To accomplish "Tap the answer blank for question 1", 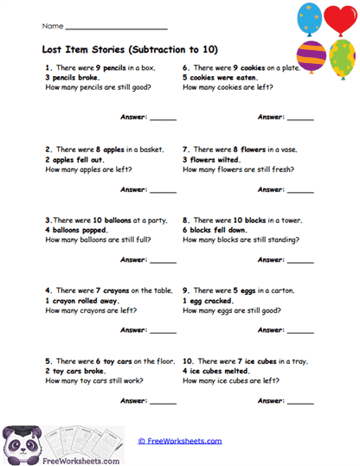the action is pyautogui.click(x=163, y=116).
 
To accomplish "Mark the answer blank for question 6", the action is pyautogui.click(x=300, y=116).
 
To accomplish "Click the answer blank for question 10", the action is pyautogui.click(x=300, y=401).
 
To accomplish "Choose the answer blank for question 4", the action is pyautogui.click(x=163, y=330).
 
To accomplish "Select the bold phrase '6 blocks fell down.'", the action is pyautogui.click(x=219, y=229).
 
